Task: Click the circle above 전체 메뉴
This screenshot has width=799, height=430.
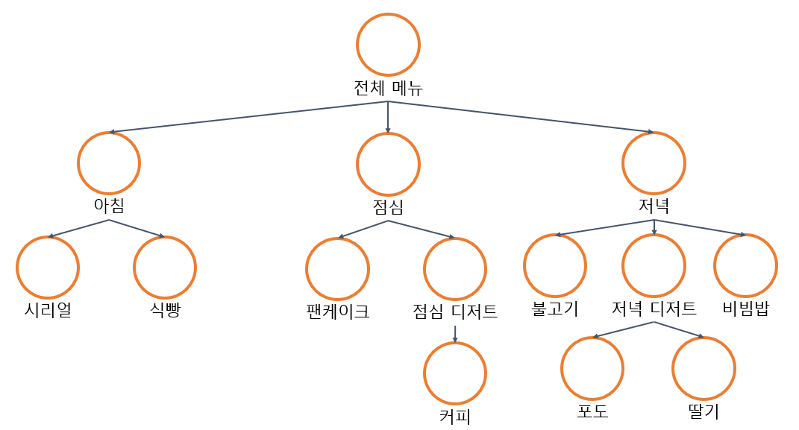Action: [388, 44]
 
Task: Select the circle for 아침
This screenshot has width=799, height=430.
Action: [109, 163]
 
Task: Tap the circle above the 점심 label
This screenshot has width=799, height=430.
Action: [388, 164]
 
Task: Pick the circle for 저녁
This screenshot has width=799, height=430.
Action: [654, 163]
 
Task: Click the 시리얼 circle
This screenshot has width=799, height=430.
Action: [48, 268]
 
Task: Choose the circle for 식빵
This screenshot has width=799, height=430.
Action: [165, 268]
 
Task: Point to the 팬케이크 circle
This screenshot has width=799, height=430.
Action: [337, 268]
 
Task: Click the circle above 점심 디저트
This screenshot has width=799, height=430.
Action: [455, 268]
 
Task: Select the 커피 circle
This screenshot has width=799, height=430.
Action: [455, 373]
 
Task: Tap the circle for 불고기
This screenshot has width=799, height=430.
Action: [555, 265]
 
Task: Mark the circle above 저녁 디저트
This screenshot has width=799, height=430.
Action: [654, 265]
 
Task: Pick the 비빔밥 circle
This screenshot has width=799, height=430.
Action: [745, 265]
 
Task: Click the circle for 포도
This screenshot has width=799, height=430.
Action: [592, 368]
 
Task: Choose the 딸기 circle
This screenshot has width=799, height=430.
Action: [704, 368]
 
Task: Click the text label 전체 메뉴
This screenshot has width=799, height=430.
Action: [388, 89]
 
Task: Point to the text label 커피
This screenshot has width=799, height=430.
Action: [455, 415]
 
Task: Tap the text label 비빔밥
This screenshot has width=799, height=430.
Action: [745, 309]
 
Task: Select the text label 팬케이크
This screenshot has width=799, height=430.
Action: [337, 311]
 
